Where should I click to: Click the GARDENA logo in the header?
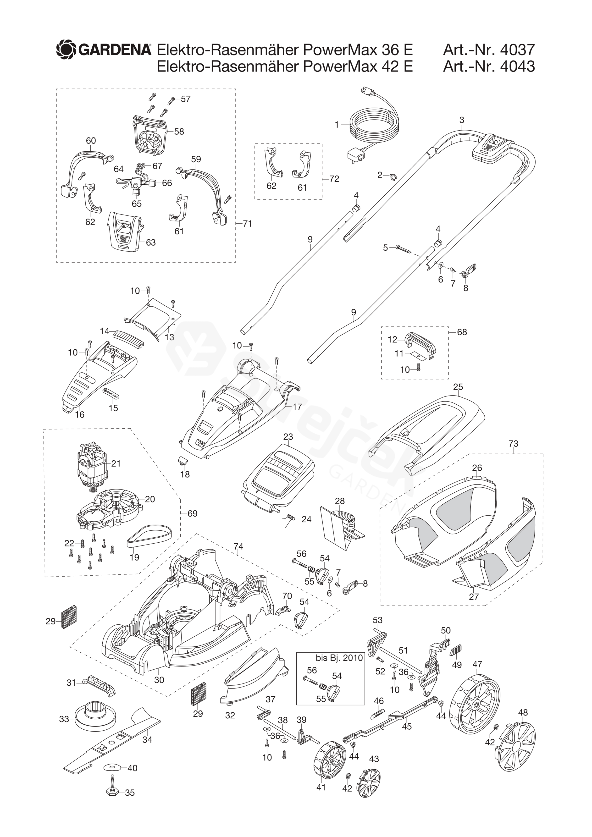[x=104, y=50]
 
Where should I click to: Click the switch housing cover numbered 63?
[x=125, y=230]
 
